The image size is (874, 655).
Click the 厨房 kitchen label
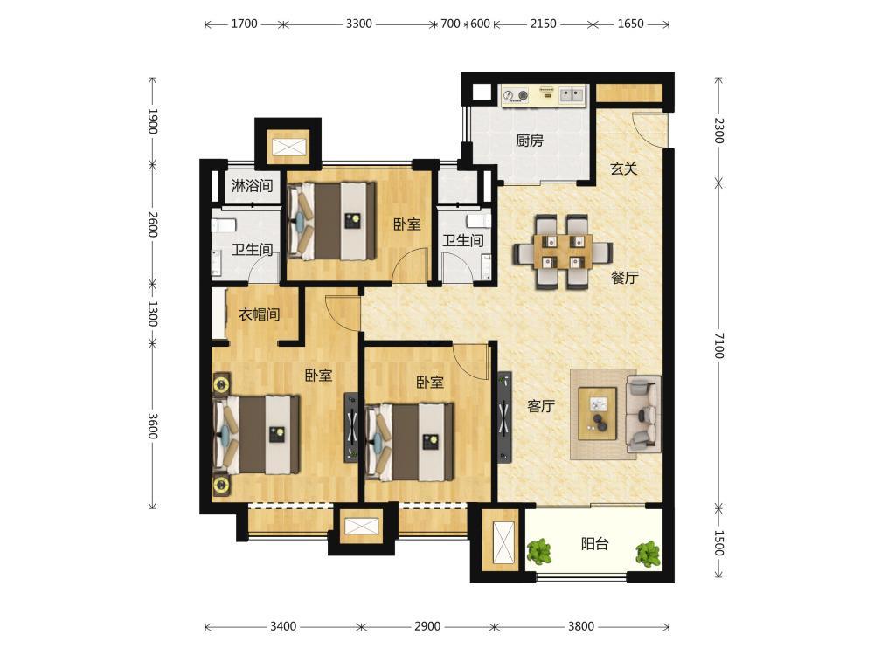click(x=529, y=141)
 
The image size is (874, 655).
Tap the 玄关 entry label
click(x=624, y=169)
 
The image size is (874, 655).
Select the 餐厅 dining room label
click(x=624, y=277)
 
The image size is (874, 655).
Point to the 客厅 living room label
click(x=541, y=405)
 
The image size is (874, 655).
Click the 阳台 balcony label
click(x=594, y=543)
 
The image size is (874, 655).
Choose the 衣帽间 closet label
click(x=260, y=314)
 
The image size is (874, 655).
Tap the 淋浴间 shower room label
click(x=252, y=185)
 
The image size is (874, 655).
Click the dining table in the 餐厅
click(x=562, y=252)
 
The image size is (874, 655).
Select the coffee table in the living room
click(x=597, y=414)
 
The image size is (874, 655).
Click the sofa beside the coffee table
click(x=643, y=413)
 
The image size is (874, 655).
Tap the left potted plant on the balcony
click(x=539, y=552)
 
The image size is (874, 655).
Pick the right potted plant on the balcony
click(x=649, y=555)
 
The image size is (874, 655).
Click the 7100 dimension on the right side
click(x=719, y=346)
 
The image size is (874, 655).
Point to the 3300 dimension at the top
click(x=358, y=24)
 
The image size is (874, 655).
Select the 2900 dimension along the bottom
click(x=427, y=626)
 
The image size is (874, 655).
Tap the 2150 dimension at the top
click(x=543, y=24)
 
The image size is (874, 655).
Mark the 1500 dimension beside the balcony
click(x=719, y=543)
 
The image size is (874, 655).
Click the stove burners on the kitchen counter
click(x=516, y=96)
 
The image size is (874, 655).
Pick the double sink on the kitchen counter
click(x=572, y=94)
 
